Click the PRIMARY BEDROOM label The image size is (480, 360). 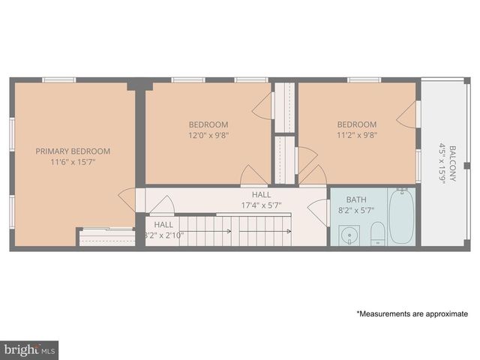73,151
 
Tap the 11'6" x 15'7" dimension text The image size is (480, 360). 73,161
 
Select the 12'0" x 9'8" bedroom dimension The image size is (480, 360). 208,136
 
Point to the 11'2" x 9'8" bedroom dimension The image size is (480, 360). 356,136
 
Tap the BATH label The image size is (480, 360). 356,199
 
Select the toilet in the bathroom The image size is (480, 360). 377,233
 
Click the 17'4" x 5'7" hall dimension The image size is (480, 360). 261,205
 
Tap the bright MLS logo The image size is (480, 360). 30,349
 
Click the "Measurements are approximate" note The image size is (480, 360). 412,313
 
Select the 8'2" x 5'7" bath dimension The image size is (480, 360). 356,211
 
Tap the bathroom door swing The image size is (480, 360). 319,211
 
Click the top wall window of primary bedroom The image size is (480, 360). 58,79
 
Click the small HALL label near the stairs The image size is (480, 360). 163,224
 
